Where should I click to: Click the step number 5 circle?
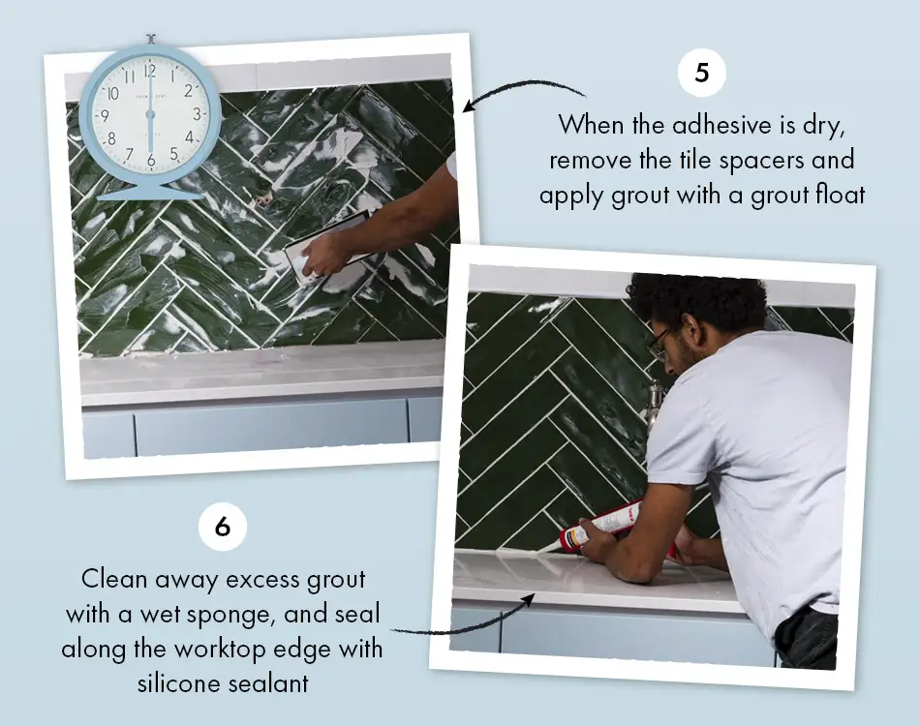701,74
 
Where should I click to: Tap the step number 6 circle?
223,527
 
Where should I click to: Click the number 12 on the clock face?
149,71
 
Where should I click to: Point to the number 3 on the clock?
197,113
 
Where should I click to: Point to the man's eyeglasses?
660,341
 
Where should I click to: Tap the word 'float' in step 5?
838,194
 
